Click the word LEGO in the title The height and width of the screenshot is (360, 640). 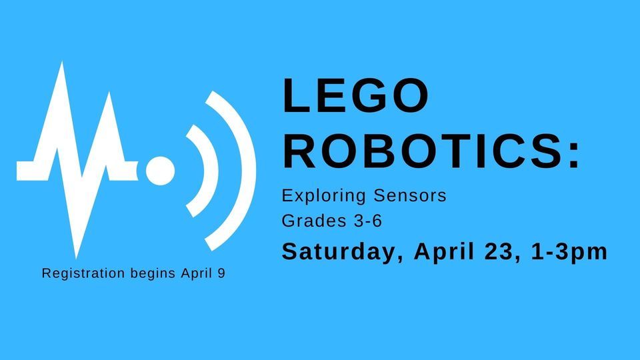tap(355, 95)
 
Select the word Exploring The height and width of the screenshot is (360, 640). tap(315, 197)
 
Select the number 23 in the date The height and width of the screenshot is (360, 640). tap(497, 251)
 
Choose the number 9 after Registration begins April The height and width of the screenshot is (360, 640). tap(221, 273)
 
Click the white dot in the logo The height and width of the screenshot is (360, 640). tap(160, 169)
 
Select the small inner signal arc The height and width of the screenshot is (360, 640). tap(200, 169)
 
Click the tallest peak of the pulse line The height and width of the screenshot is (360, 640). tap(63, 67)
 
